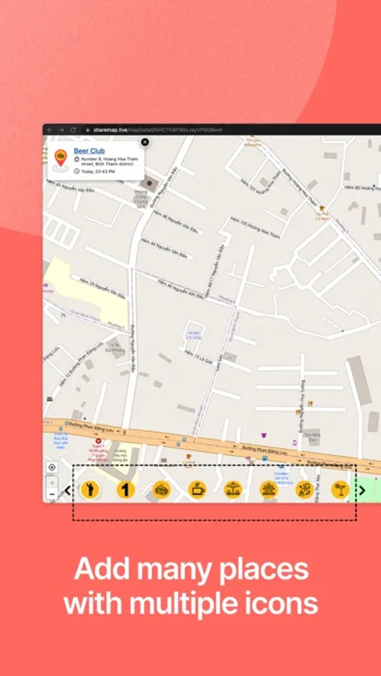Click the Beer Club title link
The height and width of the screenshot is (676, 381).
[x=89, y=151]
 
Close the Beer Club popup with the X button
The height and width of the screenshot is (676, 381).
[x=145, y=142]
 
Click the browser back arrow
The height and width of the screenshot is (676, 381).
[x=50, y=130]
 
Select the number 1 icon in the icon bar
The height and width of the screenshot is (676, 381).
[x=125, y=490]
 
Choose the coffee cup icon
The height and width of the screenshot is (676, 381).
[x=198, y=490]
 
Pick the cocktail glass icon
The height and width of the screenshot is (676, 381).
[x=340, y=490]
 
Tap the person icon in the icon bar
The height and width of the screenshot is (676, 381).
[x=90, y=490]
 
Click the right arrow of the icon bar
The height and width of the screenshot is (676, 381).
[x=362, y=490]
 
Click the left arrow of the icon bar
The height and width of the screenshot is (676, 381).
[x=67, y=490]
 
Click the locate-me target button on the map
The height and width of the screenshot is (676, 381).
[x=52, y=467]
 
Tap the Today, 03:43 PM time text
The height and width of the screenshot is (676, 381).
[x=97, y=171]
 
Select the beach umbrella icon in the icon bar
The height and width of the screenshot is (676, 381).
[x=233, y=490]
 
